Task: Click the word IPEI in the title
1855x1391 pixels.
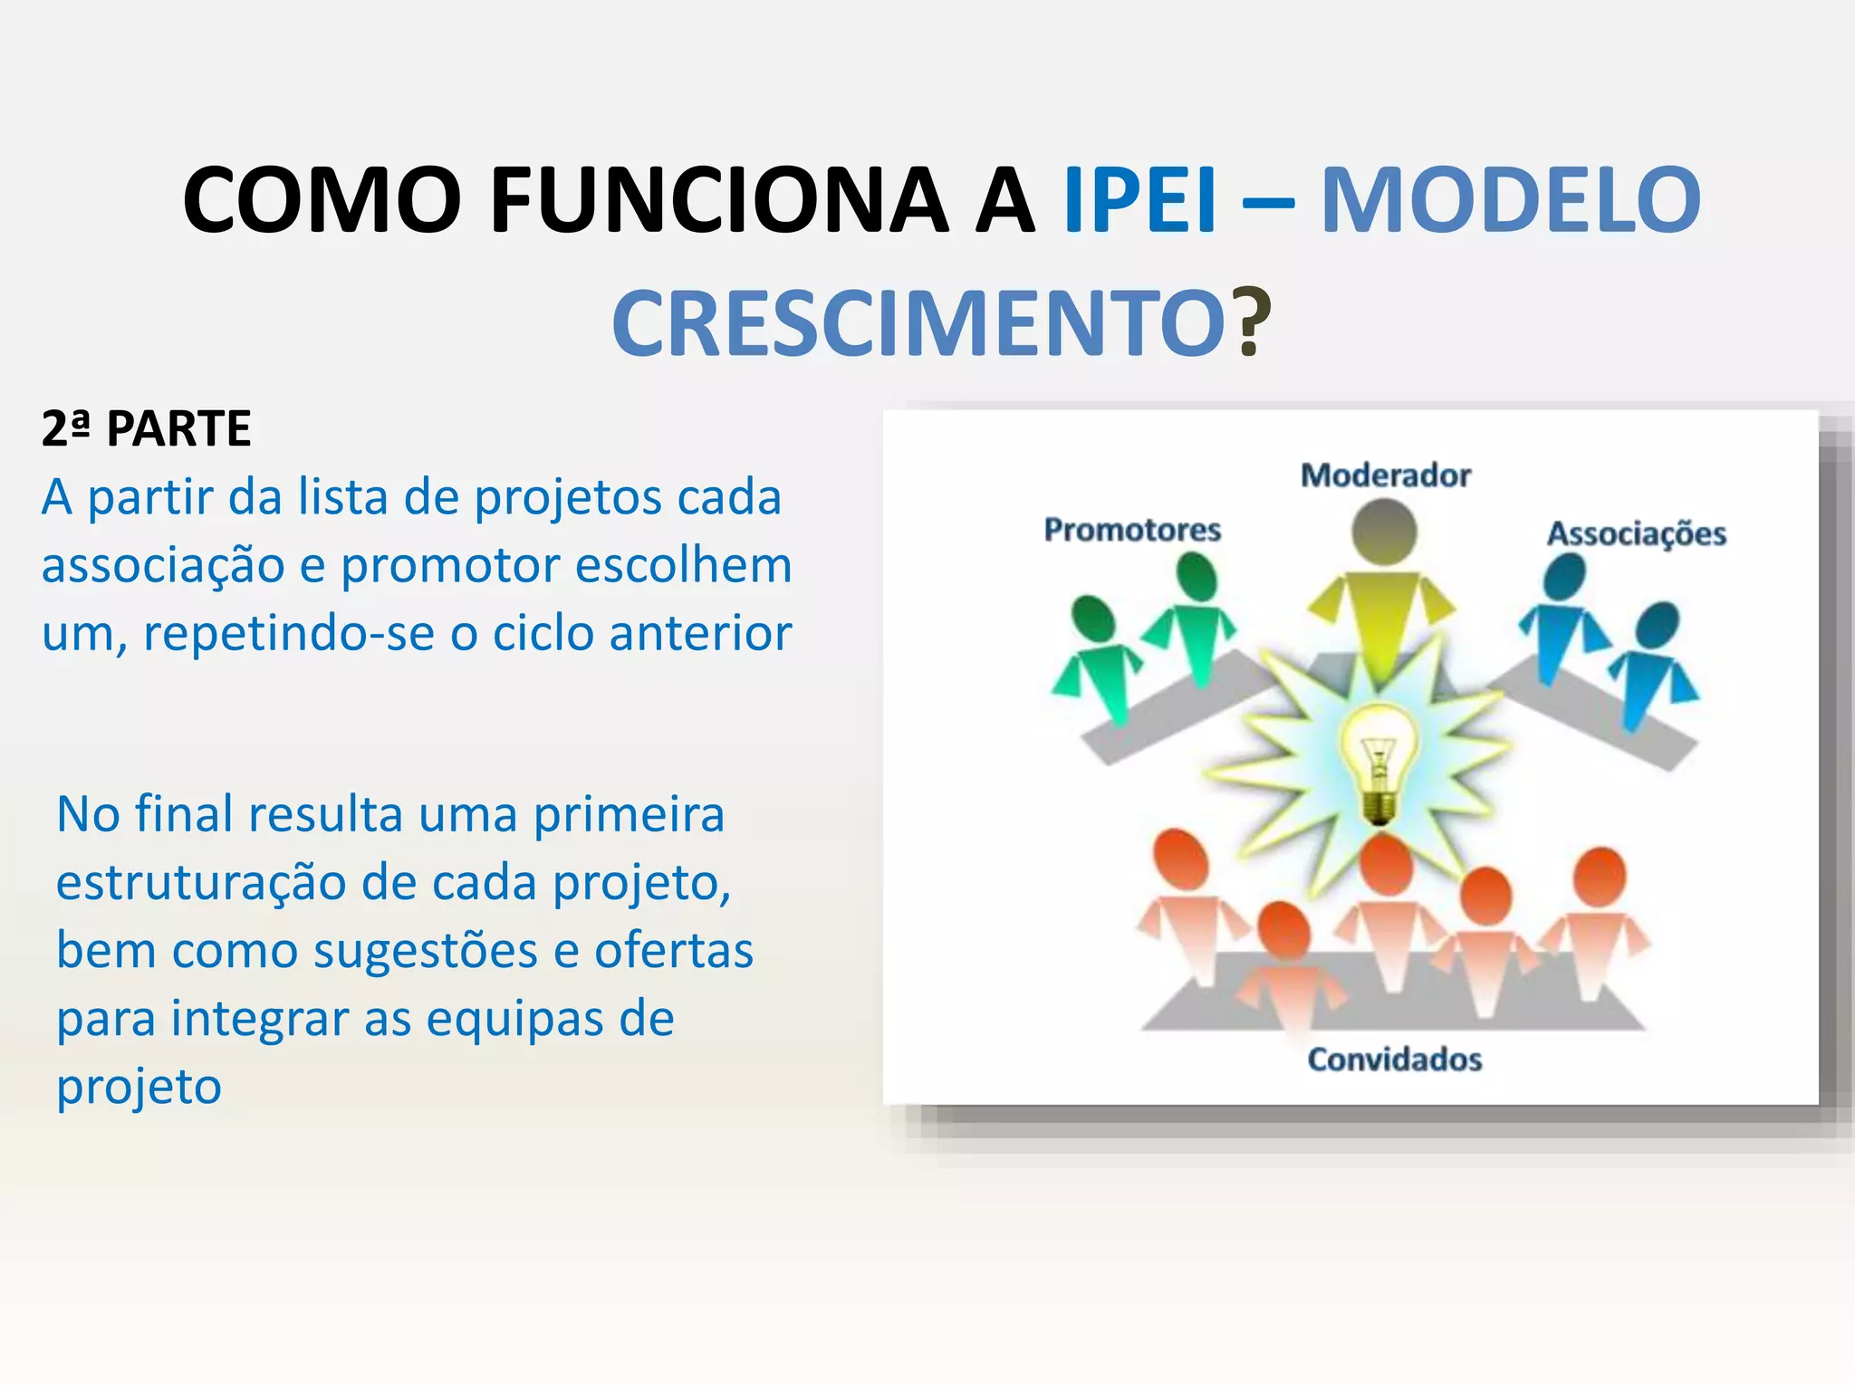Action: [1139, 199]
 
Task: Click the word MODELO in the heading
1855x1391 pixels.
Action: [1510, 199]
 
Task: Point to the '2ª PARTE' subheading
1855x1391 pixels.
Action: [146, 428]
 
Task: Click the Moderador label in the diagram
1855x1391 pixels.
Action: [1385, 475]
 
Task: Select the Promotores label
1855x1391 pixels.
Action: [1132, 529]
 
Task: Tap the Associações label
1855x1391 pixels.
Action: [1636, 533]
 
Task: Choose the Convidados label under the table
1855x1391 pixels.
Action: [1394, 1059]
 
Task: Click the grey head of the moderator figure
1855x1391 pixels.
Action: [1384, 532]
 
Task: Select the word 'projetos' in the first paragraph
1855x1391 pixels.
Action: [570, 499]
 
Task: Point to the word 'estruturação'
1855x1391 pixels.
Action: [200, 883]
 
